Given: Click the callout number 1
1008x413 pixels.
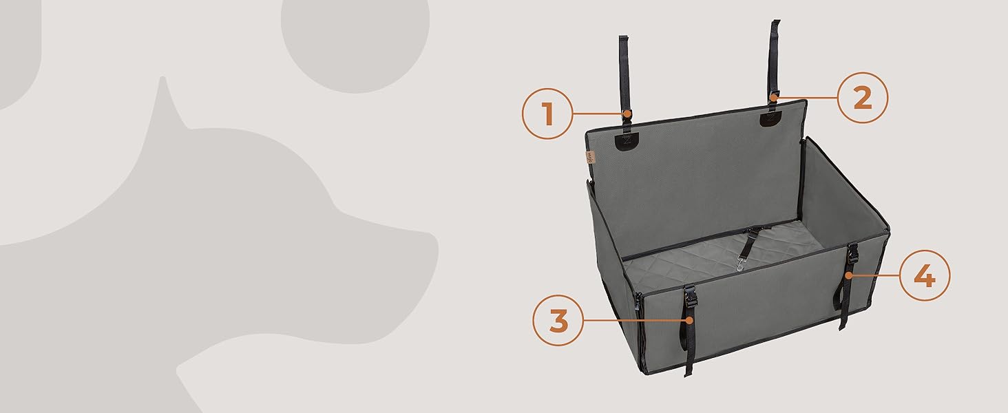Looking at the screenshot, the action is [547, 114].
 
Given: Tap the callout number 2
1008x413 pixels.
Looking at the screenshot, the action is [863, 98].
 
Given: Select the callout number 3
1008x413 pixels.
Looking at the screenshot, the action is [558, 321].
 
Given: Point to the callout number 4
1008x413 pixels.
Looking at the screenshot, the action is [925, 275].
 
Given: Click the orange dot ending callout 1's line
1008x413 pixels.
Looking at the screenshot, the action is [626, 114].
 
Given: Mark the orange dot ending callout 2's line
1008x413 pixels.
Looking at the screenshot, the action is [773, 97].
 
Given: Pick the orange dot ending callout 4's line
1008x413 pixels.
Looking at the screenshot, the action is [848, 275].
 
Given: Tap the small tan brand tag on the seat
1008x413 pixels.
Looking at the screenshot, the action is [591, 158].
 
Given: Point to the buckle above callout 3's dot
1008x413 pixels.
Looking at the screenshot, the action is [689, 295].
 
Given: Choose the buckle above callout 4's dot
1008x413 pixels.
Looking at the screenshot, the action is [852, 254].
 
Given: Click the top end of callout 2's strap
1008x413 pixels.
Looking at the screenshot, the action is [776, 21].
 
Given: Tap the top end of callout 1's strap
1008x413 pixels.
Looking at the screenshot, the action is [623, 37].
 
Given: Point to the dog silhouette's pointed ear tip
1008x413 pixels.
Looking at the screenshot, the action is [163, 78].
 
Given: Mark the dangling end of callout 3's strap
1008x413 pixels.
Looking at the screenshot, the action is [688, 372].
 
